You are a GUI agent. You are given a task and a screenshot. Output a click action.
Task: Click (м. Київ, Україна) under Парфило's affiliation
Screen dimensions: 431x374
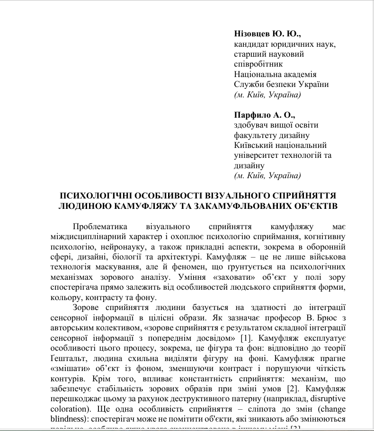point(267,176)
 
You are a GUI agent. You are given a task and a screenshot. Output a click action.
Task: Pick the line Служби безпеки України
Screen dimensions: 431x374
point(281,85)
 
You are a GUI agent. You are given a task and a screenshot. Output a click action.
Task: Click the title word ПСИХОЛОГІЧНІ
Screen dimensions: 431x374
point(101,196)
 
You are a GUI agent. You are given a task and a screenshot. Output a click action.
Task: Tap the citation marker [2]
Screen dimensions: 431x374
point(294,390)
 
